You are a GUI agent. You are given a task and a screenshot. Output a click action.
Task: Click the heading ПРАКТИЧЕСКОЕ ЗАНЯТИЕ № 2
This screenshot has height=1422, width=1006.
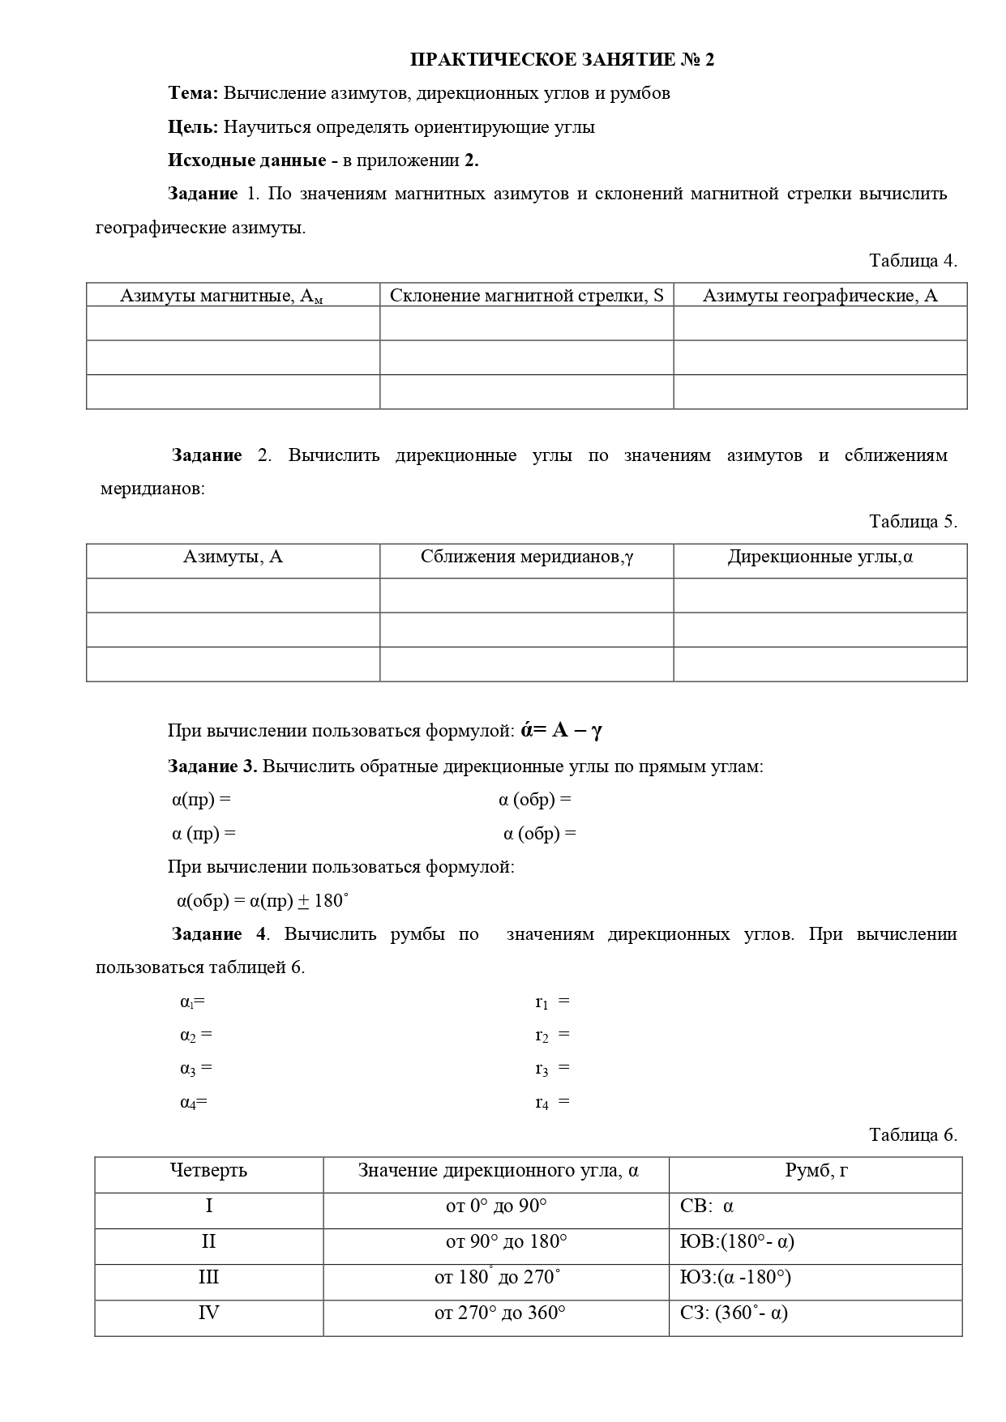click(x=562, y=60)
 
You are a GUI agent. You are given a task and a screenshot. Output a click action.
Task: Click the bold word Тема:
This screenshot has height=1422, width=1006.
click(x=193, y=93)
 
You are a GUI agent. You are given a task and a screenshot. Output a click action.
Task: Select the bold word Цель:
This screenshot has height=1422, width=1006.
click(x=193, y=127)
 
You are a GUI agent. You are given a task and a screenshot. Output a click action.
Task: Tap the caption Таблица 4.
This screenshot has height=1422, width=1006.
click(x=913, y=261)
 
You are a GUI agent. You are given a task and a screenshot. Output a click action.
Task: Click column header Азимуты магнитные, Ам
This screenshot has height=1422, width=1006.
click(x=221, y=296)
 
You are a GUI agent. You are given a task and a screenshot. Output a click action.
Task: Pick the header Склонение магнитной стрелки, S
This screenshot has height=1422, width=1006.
click(x=526, y=296)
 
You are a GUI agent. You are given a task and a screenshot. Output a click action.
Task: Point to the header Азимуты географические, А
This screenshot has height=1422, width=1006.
click(x=820, y=296)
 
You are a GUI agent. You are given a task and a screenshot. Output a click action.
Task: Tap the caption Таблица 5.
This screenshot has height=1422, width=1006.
click(x=913, y=522)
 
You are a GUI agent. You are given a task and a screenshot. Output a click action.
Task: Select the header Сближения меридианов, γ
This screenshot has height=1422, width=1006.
click(x=526, y=557)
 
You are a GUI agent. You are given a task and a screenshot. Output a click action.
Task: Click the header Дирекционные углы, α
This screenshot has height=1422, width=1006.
click(x=820, y=557)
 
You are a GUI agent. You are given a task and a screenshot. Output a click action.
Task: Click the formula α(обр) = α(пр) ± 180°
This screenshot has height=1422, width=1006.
click(x=263, y=901)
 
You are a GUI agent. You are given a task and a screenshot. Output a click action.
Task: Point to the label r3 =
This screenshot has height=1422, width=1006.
click(x=552, y=1069)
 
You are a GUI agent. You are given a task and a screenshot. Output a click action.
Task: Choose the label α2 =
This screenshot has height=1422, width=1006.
click(x=195, y=1036)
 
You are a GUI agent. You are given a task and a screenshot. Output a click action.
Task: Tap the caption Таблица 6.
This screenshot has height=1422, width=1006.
click(x=913, y=1135)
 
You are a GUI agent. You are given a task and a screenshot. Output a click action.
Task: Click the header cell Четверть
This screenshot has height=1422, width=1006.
click(x=208, y=1171)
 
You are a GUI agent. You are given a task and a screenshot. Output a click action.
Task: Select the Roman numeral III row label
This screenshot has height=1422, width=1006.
click(x=208, y=1278)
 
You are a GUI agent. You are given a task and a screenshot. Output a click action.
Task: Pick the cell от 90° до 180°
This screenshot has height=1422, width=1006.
click(x=506, y=1242)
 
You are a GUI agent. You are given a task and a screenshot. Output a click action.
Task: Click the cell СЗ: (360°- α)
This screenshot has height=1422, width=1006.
click(x=734, y=1313)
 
